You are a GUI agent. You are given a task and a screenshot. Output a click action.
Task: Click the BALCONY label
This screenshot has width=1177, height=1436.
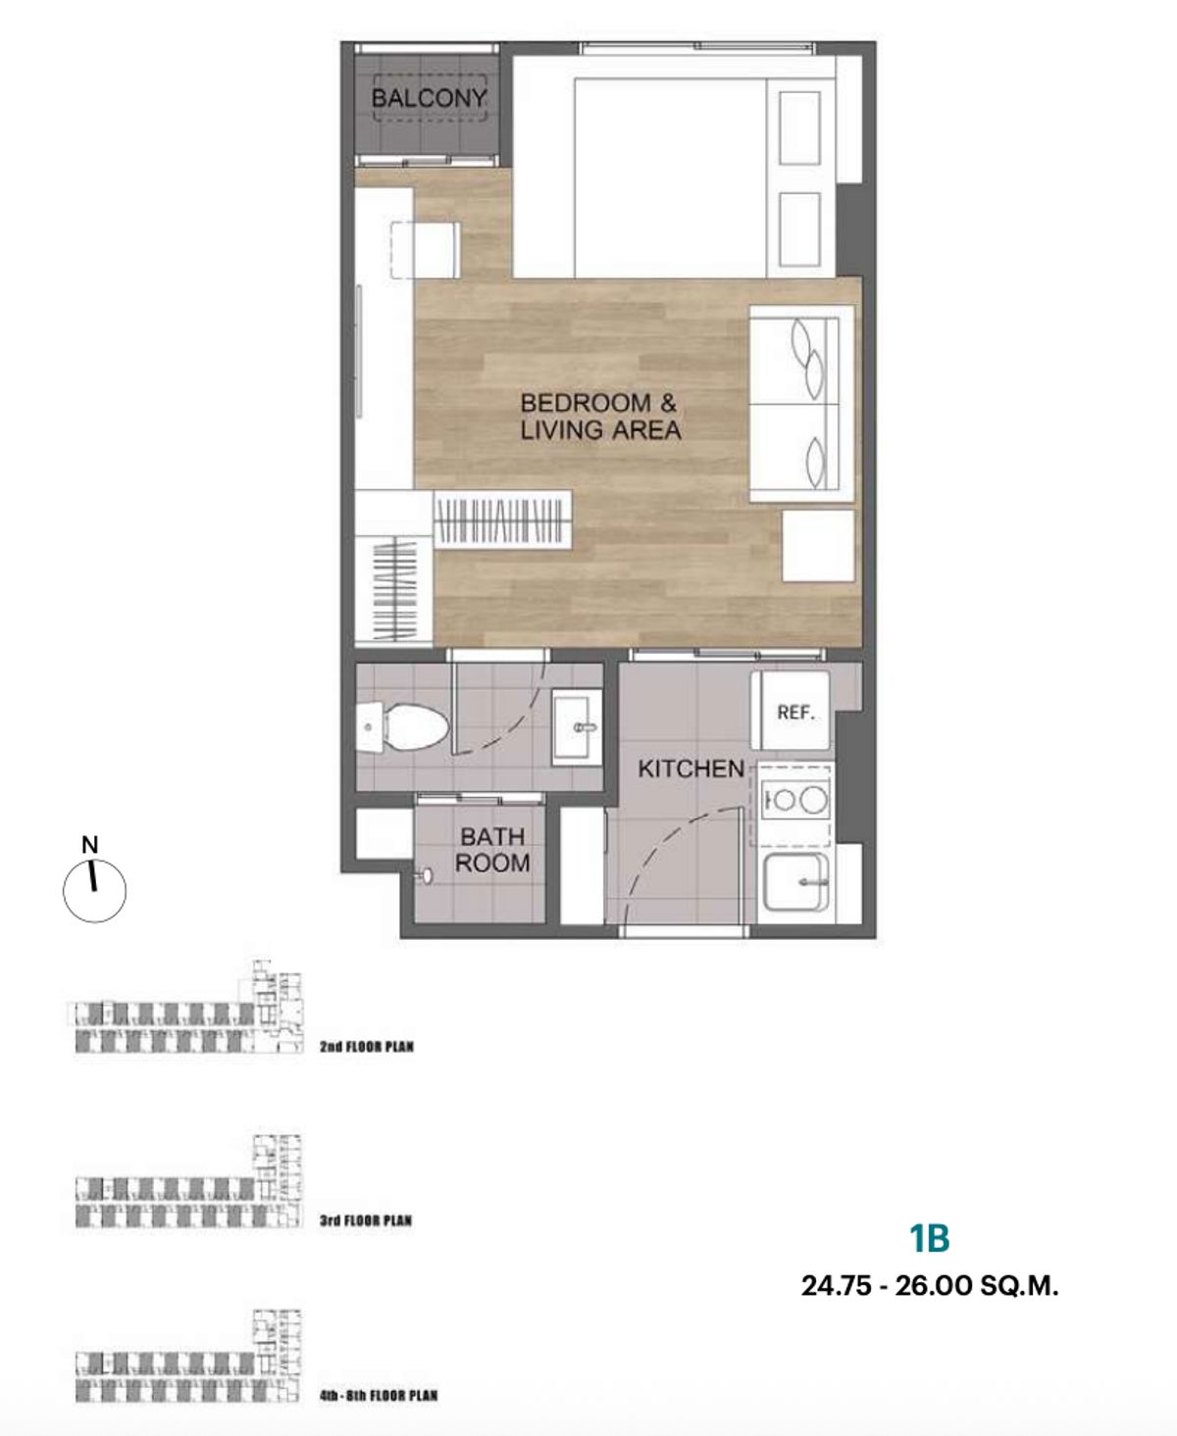tap(429, 98)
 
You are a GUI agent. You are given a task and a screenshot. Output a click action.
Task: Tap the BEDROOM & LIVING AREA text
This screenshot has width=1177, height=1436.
tap(600, 416)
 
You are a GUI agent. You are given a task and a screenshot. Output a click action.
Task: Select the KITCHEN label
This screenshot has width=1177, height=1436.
tap(691, 768)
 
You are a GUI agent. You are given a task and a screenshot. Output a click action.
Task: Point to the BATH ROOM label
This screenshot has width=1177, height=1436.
tap(492, 849)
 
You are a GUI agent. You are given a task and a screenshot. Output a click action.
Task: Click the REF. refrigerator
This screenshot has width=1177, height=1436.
tap(791, 711)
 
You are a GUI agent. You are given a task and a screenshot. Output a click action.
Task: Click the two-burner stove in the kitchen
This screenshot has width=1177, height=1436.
tap(792, 801)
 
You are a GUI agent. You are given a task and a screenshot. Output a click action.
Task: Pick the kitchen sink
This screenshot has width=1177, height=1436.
tap(795, 882)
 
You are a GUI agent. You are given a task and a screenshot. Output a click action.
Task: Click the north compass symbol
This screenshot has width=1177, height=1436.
tap(95, 883)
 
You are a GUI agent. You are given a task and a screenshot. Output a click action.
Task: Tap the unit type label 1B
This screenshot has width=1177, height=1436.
tap(930, 1239)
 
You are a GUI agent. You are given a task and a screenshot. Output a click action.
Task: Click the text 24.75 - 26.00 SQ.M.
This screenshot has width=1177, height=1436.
tap(930, 1286)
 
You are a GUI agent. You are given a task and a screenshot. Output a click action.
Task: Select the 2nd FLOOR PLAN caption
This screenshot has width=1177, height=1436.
tap(367, 1047)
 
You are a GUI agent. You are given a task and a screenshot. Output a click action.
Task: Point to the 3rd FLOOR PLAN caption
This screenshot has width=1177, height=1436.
tap(366, 1220)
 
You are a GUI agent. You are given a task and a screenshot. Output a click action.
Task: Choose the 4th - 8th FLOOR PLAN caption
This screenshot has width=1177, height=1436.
tap(379, 1396)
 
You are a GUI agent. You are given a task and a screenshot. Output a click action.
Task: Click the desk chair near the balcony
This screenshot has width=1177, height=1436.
tap(426, 250)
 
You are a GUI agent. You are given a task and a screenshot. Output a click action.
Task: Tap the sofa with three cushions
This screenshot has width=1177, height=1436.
tap(801, 405)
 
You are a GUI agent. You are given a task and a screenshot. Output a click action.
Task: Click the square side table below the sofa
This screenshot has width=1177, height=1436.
tap(818, 546)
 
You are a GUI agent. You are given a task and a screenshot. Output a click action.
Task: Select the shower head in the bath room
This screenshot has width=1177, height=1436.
tap(426, 875)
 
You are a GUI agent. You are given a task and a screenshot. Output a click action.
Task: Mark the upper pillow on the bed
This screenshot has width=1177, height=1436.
tap(798, 127)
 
